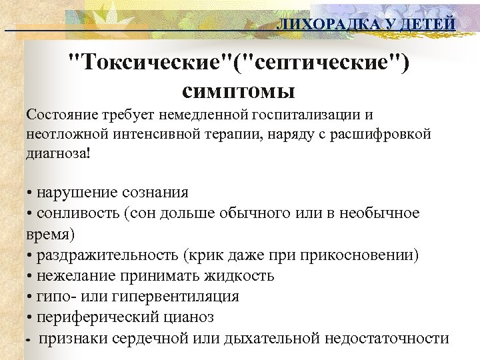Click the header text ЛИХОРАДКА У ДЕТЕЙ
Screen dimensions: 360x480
click(x=366, y=25)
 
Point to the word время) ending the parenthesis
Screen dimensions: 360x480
click(x=51, y=235)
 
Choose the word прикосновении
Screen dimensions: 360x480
click(x=361, y=255)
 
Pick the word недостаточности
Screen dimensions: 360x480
click(x=387, y=337)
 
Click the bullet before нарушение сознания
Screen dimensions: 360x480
click(x=31, y=193)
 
